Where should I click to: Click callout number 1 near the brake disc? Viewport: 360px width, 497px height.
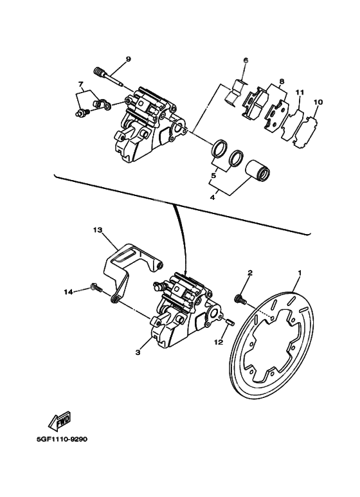pyautogui.click(x=298, y=273)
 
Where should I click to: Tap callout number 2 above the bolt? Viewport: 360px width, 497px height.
pyautogui.click(x=249, y=273)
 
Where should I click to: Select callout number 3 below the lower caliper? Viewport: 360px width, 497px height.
pyautogui.click(x=137, y=352)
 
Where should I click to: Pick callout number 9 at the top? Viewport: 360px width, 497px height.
pyautogui.click(x=128, y=59)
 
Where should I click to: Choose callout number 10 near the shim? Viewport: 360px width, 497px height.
pyautogui.click(x=318, y=102)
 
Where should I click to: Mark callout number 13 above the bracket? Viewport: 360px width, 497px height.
pyautogui.click(x=98, y=230)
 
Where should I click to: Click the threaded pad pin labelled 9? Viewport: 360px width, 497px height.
pyautogui.click(x=110, y=76)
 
